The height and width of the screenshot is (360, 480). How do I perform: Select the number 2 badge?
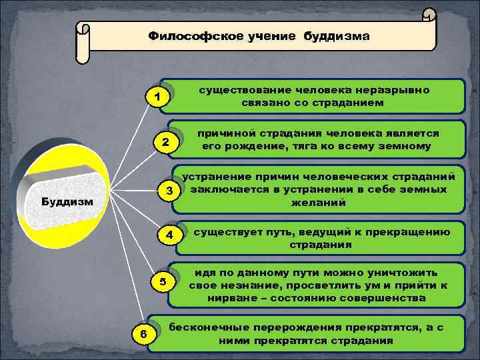pos(166,142)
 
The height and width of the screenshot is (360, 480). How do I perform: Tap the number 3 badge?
pos(170,191)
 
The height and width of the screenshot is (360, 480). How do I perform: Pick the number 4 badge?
pos(170,235)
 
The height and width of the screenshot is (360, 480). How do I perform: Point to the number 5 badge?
pos(163,281)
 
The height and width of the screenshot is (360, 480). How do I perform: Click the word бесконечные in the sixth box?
pos(213,328)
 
